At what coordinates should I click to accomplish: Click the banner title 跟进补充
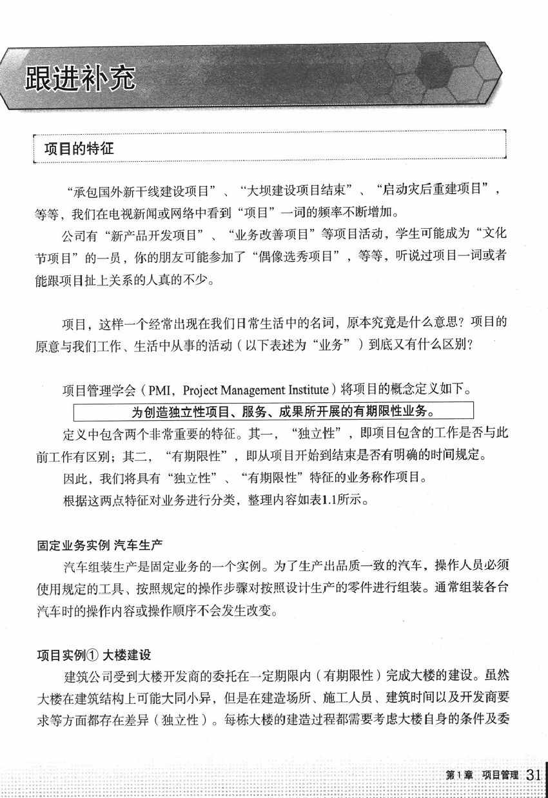tap(81, 78)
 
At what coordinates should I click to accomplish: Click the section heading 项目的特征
tap(79, 148)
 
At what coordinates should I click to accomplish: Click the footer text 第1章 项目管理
tap(482, 775)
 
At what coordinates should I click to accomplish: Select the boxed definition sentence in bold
tap(274, 411)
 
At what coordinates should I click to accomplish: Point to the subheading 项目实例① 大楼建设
tap(93, 655)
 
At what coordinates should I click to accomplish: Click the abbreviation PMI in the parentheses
tap(160, 390)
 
